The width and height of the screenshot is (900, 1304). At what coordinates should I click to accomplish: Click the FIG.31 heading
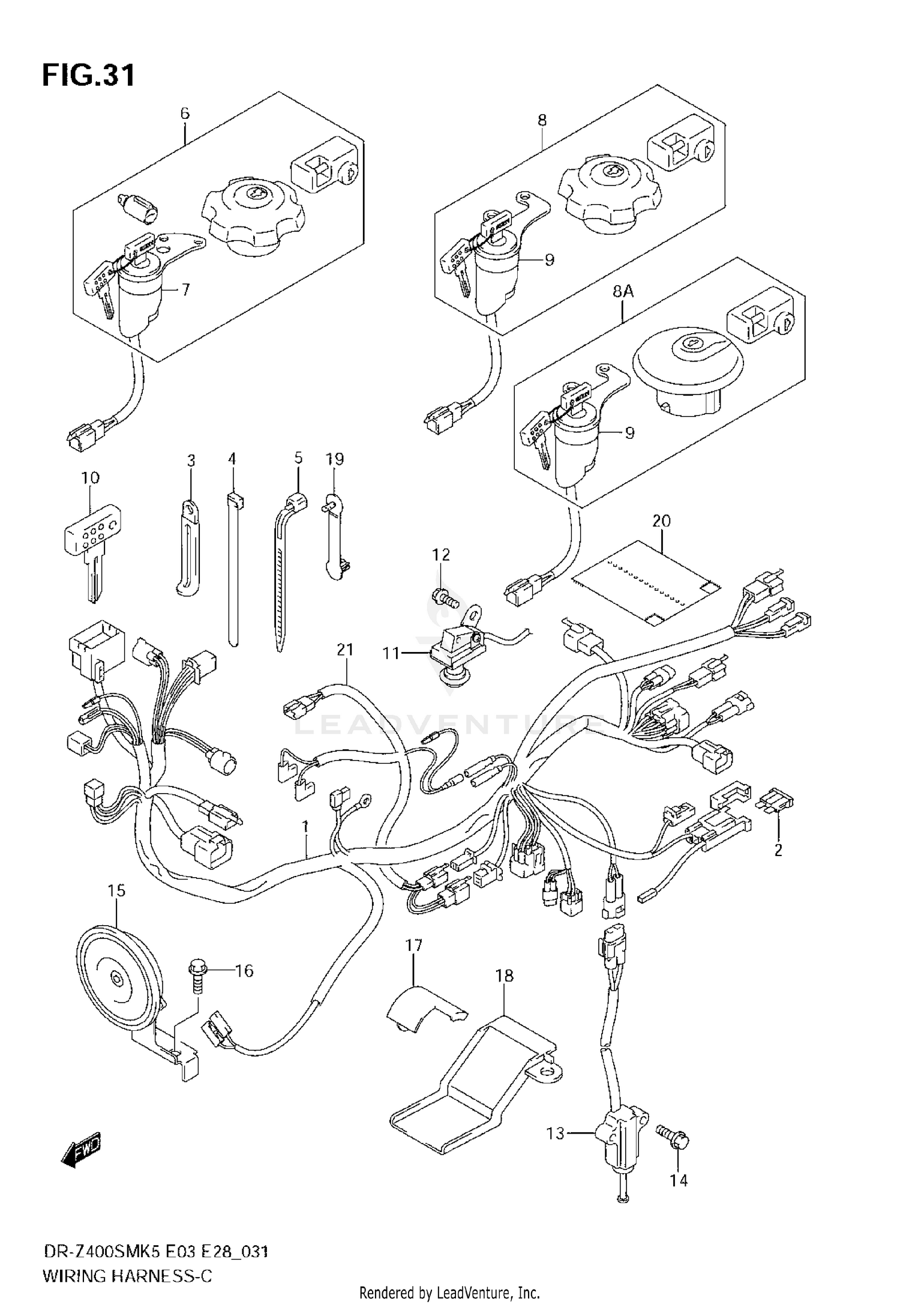click(88, 76)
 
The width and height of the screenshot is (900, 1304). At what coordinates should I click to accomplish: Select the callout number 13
click(556, 1133)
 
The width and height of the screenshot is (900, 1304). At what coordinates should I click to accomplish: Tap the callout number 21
click(345, 650)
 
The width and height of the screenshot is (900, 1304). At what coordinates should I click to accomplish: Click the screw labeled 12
click(445, 597)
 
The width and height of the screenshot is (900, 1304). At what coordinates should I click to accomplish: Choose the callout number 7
click(185, 290)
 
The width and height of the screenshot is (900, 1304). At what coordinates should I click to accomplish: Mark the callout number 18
click(505, 976)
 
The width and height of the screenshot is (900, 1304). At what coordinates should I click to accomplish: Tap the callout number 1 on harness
click(305, 827)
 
